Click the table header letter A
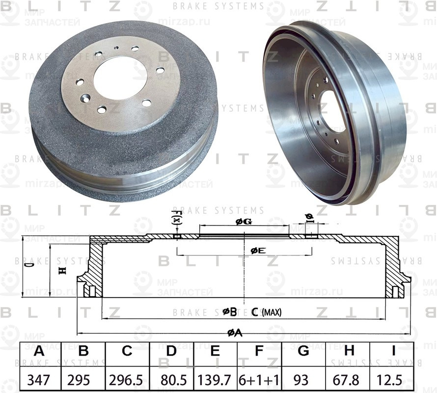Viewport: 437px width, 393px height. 39,352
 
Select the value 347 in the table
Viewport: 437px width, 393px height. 39,380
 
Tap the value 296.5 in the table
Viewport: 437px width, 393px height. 127,380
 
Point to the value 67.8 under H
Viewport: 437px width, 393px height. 349,380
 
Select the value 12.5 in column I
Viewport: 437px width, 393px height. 393,380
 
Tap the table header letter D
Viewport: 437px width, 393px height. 171,352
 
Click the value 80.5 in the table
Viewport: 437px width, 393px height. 171,380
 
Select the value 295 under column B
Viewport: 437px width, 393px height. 83,380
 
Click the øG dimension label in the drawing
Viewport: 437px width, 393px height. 244,222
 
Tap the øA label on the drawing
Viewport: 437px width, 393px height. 234,333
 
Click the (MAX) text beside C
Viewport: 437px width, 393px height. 272,312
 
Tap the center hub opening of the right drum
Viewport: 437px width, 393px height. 332,111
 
